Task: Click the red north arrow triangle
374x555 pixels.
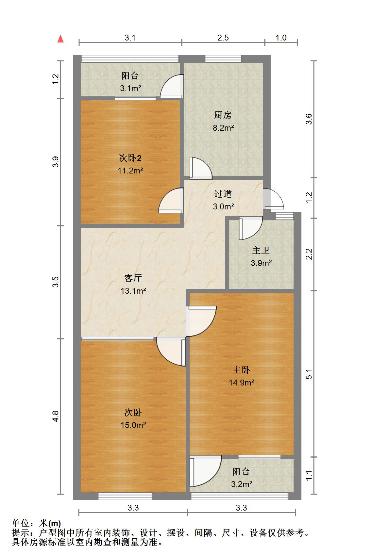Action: click(x=60, y=39)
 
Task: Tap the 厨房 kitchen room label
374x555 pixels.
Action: click(x=223, y=115)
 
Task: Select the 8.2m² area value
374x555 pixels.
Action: click(x=223, y=128)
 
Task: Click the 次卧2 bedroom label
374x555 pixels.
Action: click(x=130, y=158)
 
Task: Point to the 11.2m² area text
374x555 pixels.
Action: click(x=130, y=171)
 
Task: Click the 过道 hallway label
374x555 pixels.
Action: click(x=223, y=194)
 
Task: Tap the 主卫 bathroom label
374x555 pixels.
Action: click(x=261, y=250)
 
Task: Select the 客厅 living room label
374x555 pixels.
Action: click(x=133, y=278)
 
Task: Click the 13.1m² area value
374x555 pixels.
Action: click(x=133, y=291)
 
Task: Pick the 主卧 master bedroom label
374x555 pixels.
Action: click(x=241, y=370)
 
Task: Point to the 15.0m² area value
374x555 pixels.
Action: click(x=133, y=425)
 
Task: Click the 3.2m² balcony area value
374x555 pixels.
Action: click(x=242, y=484)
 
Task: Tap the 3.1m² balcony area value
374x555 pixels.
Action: click(x=130, y=88)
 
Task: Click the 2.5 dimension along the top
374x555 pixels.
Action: click(x=223, y=38)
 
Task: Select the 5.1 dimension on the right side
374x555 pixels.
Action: click(x=309, y=374)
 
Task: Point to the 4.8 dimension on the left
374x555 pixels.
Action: click(x=56, y=416)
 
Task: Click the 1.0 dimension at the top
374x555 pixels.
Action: click(x=281, y=38)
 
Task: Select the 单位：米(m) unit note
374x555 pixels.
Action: click(x=36, y=523)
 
